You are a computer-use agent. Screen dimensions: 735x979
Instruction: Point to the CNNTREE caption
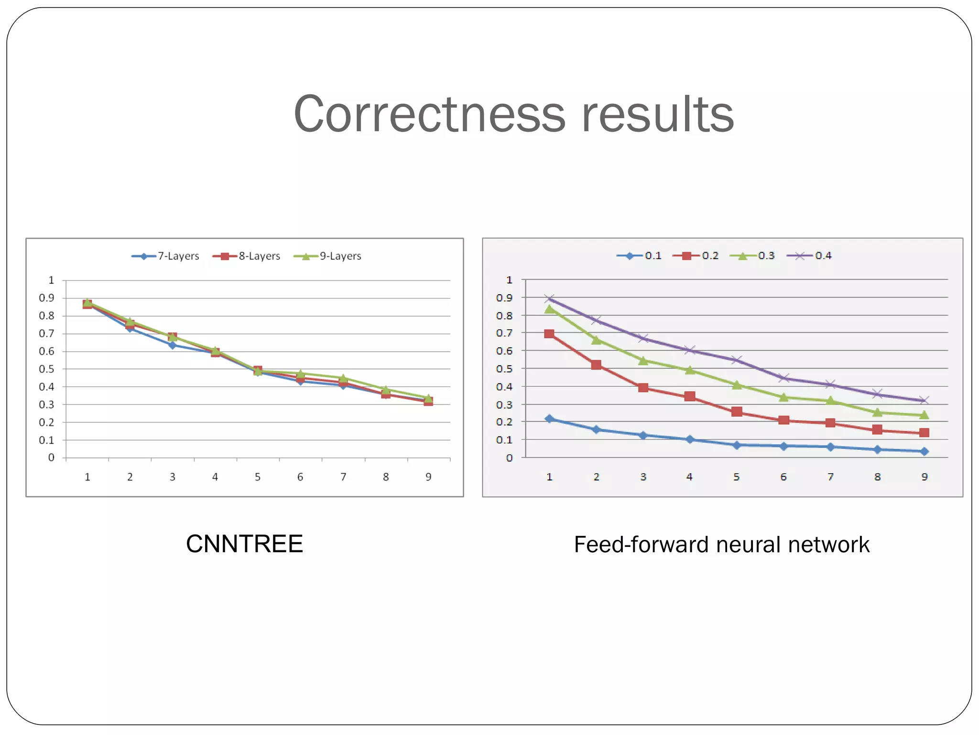click(244, 544)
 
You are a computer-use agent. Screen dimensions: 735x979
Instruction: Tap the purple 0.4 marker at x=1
click(549, 299)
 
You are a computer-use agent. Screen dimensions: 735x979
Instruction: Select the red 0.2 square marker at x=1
click(549, 334)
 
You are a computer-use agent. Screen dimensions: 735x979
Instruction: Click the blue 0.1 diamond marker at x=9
click(924, 451)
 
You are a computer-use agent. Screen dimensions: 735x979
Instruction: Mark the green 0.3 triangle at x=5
click(737, 385)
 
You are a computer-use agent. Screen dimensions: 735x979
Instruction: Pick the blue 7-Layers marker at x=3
click(173, 345)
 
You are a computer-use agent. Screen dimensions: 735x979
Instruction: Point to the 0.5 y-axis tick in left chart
click(46, 369)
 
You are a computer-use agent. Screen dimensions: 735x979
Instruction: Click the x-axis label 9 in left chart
click(428, 477)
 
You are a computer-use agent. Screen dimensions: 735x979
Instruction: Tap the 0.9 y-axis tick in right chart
click(504, 298)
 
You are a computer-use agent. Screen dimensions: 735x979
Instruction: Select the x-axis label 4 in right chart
click(689, 477)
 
